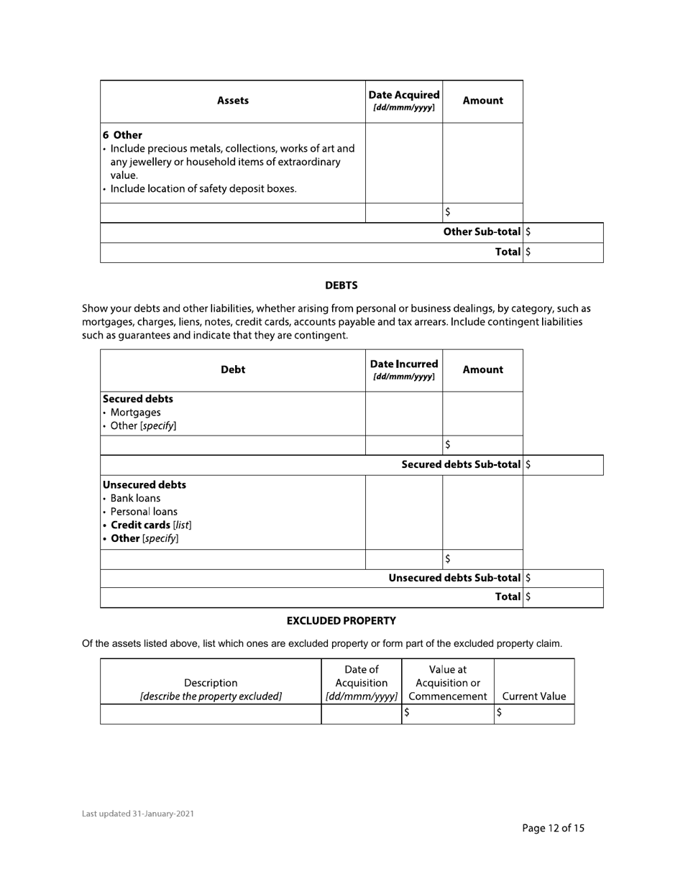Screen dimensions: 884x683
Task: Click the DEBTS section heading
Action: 341,285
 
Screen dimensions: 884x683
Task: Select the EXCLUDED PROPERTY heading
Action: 341,620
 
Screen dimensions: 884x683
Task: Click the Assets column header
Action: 232,101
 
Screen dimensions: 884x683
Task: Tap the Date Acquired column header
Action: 403,101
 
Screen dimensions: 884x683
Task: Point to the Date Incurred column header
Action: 403,369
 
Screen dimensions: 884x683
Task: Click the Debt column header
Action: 232,369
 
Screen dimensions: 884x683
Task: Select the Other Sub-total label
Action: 482,231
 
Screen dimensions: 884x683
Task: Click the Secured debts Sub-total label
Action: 461,464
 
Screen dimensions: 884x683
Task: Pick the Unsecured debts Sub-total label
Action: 454,578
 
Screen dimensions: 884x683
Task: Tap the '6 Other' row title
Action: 122,135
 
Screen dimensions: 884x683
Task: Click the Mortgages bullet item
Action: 135,413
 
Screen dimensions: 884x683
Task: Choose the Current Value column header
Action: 533,696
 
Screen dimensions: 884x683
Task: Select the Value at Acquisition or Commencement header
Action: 447,683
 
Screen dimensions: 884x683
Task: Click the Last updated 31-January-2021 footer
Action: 137,814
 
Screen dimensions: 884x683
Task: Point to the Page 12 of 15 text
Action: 553,828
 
